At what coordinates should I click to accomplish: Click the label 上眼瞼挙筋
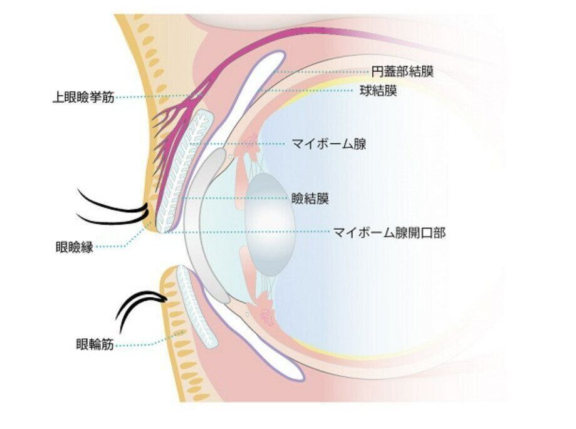pyautogui.click(x=83, y=98)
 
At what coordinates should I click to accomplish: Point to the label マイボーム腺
pyautogui.click(x=329, y=144)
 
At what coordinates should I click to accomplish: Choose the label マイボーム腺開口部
pyautogui.click(x=389, y=232)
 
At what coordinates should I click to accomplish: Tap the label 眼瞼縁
pyautogui.click(x=74, y=247)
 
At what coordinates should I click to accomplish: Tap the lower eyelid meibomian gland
pyautogui.click(x=196, y=307)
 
